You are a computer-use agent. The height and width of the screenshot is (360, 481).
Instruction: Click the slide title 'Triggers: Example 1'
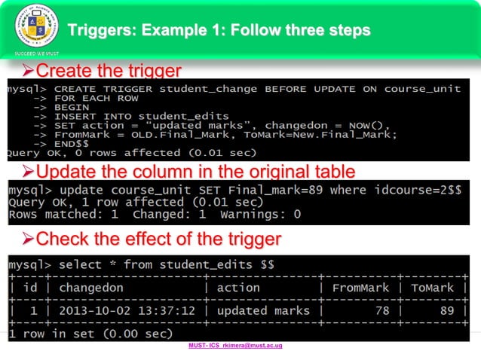click(219, 30)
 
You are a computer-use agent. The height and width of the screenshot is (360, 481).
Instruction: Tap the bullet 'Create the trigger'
click(109, 72)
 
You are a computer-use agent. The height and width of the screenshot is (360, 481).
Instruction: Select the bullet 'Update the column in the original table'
click(195, 168)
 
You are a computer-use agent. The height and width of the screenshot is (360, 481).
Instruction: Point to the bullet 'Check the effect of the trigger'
click(158, 239)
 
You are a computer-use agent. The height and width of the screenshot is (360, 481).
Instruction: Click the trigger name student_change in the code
click(199, 89)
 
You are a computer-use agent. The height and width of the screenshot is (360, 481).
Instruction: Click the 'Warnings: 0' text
click(261, 214)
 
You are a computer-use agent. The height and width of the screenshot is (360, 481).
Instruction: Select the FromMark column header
click(360, 288)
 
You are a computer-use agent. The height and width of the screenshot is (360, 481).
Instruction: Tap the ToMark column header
click(433, 288)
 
